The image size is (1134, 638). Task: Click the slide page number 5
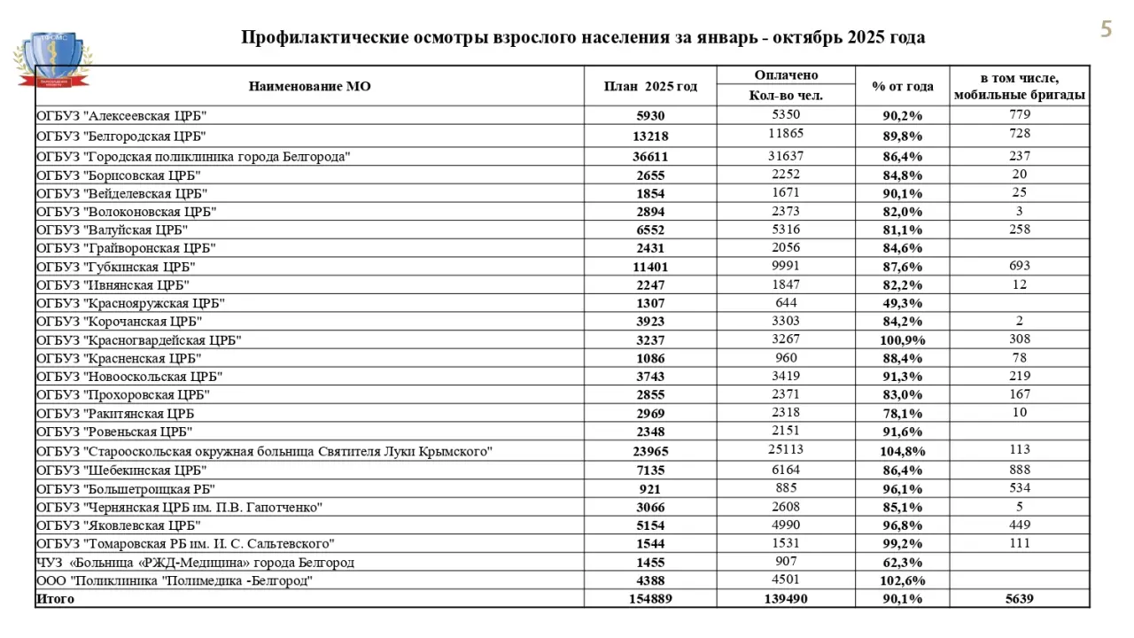(1106, 29)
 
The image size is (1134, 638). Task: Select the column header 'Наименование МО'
(309, 86)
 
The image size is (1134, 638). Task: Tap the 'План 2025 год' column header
(650, 86)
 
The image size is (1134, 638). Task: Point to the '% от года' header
(902, 86)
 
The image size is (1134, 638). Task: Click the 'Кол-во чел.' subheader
(786, 96)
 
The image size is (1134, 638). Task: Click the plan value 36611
(650, 156)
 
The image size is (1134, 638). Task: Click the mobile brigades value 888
(1020, 470)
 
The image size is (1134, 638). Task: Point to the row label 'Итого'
(56, 599)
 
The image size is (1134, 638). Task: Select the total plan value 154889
(650, 599)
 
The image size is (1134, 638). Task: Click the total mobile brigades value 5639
(1020, 599)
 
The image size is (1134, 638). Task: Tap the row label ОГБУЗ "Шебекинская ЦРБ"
(121, 470)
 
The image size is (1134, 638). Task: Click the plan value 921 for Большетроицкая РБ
(650, 488)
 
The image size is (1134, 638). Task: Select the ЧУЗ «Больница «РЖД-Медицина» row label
(195, 563)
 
